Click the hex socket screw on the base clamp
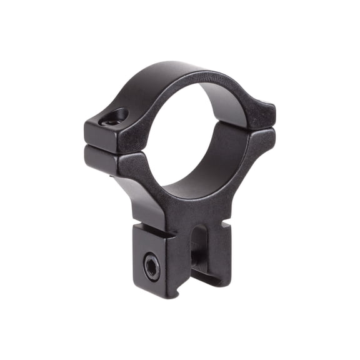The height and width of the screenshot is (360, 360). (x=152, y=267)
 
